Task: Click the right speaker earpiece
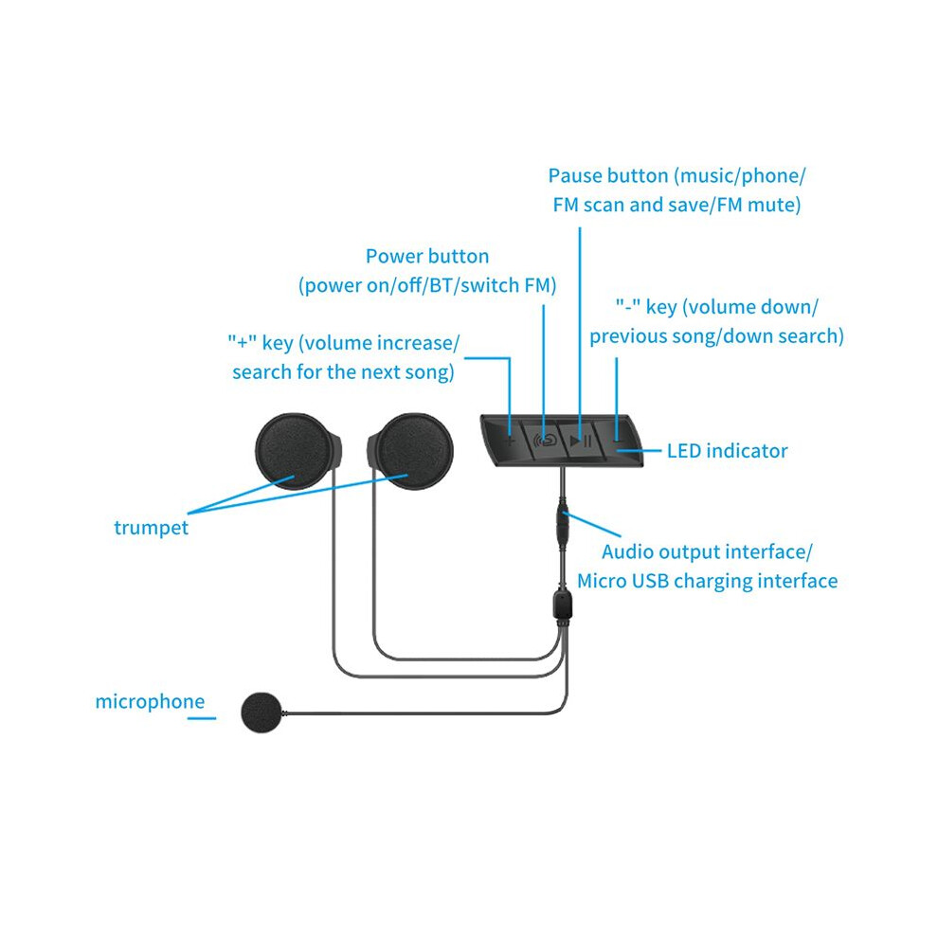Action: pos(410,451)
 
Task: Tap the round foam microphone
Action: pos(262,712)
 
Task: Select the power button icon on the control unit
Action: pos(545,441)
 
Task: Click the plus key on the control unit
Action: pos(511,442)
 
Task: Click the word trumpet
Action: pos(151,528)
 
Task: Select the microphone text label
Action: pos(150,701)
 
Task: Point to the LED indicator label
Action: pos(727,450)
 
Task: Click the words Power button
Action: pos(427,256)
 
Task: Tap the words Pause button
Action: pos(607,175)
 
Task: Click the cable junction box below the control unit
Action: pos(562,604)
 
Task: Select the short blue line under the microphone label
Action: pos(202,718)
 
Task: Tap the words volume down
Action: pos(749,307)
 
